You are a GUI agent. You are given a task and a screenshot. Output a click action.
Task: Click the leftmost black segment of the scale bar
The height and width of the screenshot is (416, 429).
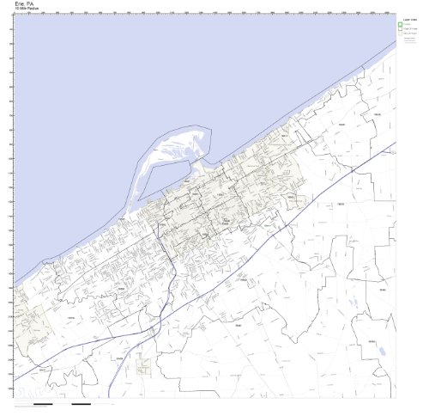[x=43, y=403]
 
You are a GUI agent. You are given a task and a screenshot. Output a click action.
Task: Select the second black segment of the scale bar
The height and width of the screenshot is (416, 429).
[x=81, y=403]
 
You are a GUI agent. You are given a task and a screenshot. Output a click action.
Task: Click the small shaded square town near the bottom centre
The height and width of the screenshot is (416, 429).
[x=143, y=366]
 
